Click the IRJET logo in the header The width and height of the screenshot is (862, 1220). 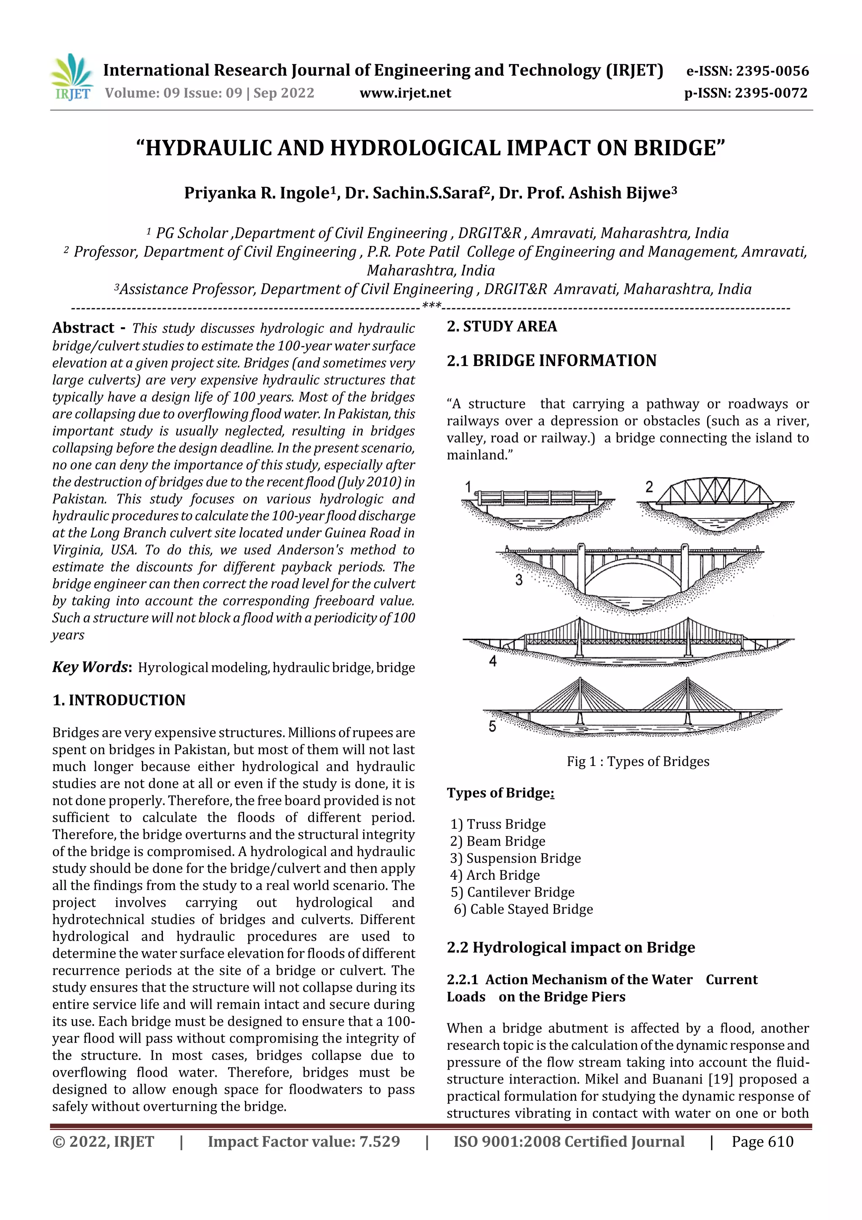coord(71,77)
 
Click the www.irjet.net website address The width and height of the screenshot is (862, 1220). coord(405,93)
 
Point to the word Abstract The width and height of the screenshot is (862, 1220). coord(83,328)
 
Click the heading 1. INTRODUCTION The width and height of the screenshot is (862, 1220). coord(119,700)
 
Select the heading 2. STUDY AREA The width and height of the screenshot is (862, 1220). coord(502,326)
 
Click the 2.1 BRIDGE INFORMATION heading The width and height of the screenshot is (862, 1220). coord(551,361)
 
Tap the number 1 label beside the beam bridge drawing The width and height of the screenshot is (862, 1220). coord(468,487)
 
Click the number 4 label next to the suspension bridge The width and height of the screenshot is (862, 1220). coord(493,661)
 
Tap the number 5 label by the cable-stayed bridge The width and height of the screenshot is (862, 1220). coord(492,726)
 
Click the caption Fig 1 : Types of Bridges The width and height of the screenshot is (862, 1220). coord(638,761)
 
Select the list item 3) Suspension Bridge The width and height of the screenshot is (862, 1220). coord(515,858)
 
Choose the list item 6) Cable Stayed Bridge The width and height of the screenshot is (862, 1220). coord(523,909)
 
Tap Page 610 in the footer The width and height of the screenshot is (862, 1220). coord(762,1142)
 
